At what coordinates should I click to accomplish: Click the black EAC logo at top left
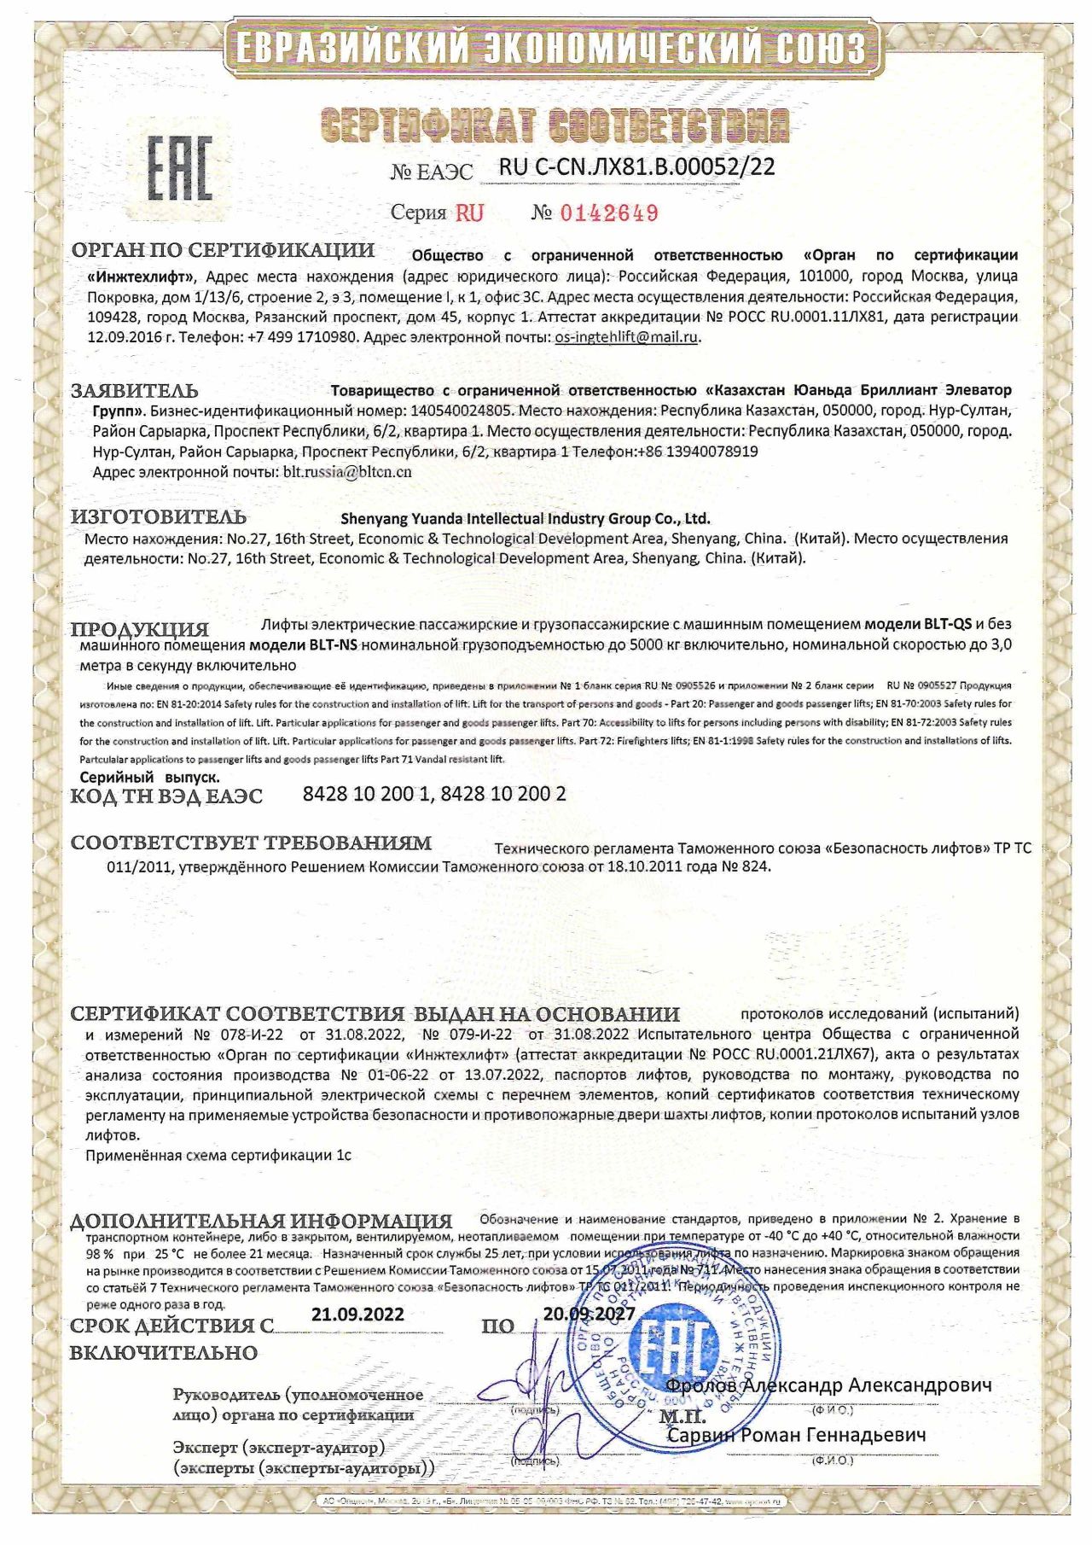(180, 167)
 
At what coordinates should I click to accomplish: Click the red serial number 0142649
(608, 213)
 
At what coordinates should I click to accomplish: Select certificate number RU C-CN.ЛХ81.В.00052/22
(636, 167)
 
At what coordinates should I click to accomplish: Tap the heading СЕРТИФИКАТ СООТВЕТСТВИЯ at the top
(555, 126)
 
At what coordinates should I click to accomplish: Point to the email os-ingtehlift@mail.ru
(626, 337)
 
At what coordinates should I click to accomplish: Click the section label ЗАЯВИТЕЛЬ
(135, 391)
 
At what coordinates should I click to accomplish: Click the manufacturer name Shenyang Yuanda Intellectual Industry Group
(525, 518)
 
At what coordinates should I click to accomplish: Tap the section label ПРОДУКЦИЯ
(140, 629)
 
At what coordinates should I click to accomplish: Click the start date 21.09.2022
(357, 1314)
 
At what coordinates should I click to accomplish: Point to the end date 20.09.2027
(589, 1314)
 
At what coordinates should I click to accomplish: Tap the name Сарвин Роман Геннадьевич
(796, 1435)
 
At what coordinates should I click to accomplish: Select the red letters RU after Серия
(468, 213)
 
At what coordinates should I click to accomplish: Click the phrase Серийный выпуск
(149, 777)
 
